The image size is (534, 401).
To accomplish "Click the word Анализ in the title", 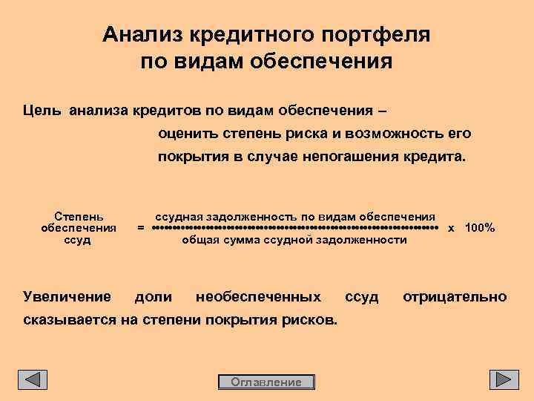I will [143, 35].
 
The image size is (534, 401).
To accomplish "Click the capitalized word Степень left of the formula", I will [79, 215].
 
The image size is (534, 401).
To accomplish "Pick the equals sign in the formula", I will [141, 228].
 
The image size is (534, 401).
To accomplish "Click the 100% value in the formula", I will [480, 228].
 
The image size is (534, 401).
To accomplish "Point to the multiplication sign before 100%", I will [451, 228].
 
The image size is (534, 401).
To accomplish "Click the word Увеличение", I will [67, 297].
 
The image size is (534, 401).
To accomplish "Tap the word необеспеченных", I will [258, 297].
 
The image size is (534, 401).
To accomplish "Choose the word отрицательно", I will [455, 297].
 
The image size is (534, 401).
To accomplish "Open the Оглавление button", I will [266, 382].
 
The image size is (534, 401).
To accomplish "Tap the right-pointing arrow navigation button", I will [504, 379].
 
